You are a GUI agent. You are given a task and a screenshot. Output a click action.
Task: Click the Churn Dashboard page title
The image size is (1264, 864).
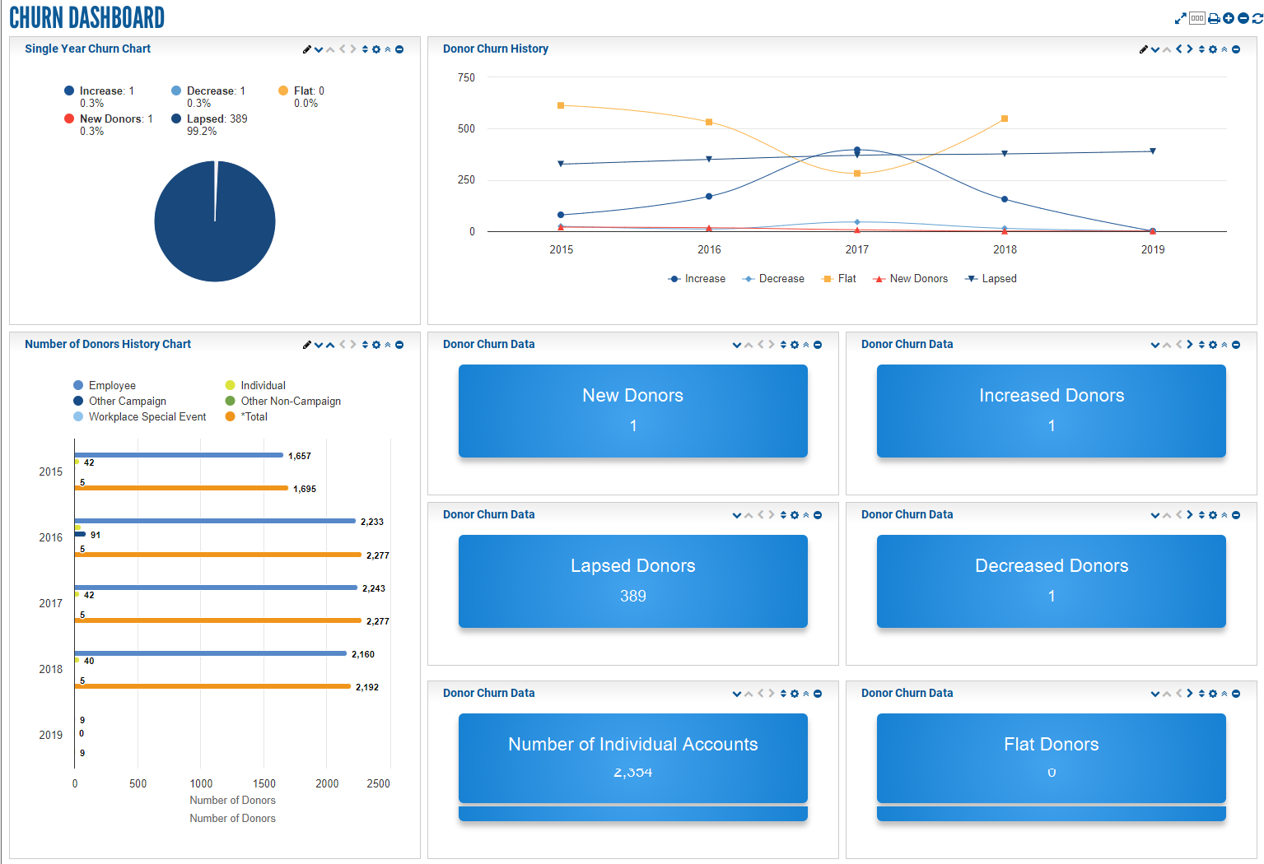pos(86,17)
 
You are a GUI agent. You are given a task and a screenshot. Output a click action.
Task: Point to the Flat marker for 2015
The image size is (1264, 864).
pos(561,105)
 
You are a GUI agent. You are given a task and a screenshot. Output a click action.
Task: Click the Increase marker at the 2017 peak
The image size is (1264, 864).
pos(857,151)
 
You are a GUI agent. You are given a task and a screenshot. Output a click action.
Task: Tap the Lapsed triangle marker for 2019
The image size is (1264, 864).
pos(1152,151)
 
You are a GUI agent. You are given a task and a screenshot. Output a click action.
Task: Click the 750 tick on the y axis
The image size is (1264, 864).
pos(466,77)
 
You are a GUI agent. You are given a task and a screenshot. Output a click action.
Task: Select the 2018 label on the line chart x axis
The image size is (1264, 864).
pos(1005,249)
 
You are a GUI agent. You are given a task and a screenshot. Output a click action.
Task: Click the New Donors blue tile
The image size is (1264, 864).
pos(632,411)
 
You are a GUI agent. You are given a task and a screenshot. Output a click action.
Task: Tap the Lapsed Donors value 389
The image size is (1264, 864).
pos(632,596)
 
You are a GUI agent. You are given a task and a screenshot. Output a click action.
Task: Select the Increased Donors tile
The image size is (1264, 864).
pos(1051,411)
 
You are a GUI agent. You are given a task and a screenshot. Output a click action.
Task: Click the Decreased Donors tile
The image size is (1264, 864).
pos(1051,581)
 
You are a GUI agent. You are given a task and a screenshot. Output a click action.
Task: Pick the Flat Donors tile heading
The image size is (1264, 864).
pos(1051,744)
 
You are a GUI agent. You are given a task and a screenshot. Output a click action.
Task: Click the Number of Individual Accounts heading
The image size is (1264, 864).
pos(632,744)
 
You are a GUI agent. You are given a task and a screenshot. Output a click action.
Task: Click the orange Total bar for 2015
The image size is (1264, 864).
pos(181,488)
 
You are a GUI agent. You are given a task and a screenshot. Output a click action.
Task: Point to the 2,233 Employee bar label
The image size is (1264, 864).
pos(371,522)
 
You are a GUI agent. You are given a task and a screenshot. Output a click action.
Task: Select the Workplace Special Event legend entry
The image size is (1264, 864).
pos(147,416)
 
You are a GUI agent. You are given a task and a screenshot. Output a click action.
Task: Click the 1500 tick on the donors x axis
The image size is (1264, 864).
pos(264,783)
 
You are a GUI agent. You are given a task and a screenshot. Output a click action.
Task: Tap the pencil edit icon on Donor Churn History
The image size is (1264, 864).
pos(1143,49)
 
